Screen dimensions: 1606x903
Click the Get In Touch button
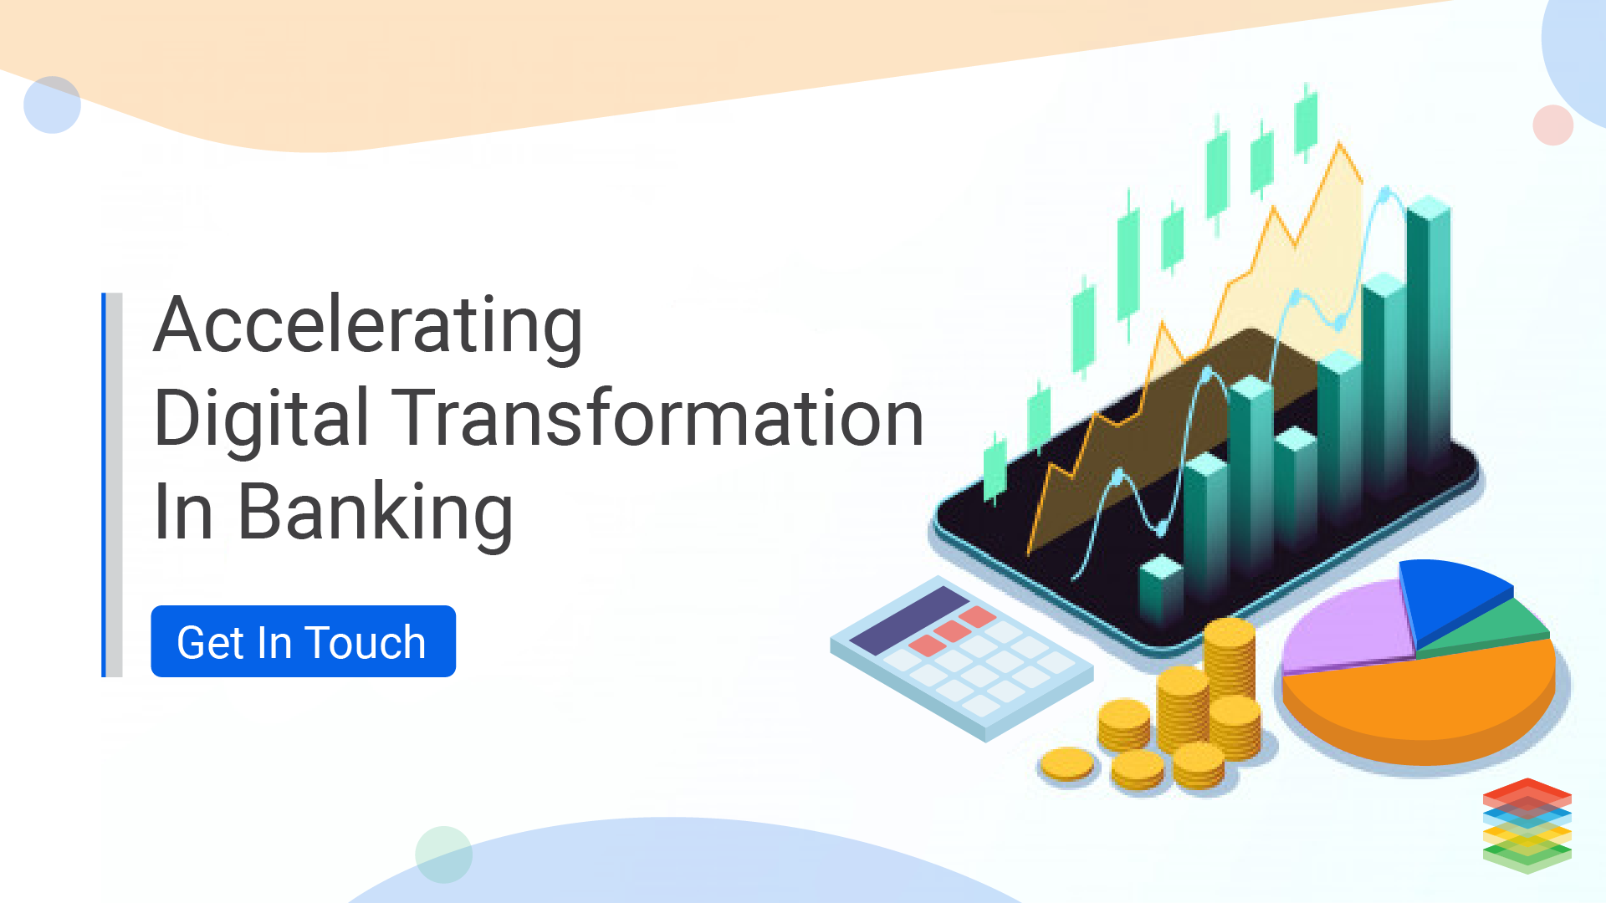[303, 641]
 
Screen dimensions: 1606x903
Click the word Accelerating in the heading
[368, 328]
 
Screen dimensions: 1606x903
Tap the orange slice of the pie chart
[1422, 702]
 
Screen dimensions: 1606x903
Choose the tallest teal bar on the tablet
[1429, 334]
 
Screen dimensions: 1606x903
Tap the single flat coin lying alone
[1066, 764]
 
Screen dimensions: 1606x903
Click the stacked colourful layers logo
[1527, 825]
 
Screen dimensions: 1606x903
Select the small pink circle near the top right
[1553, 125]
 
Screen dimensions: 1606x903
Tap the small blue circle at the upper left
[52, 105]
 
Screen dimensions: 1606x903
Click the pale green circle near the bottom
[443, 855]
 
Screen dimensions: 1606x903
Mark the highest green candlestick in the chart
[1306, 122]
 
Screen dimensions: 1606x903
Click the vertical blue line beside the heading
[104, 485]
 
